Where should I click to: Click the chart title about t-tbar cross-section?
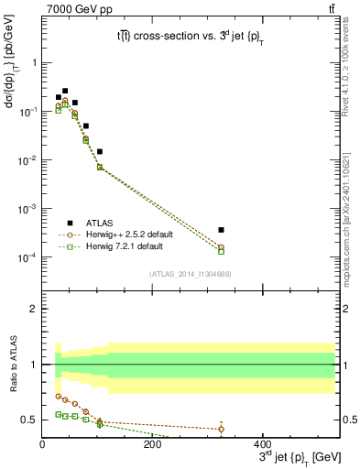[190, 36]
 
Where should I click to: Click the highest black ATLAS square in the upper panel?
[65, 91]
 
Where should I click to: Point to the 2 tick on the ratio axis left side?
[34, 309]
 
